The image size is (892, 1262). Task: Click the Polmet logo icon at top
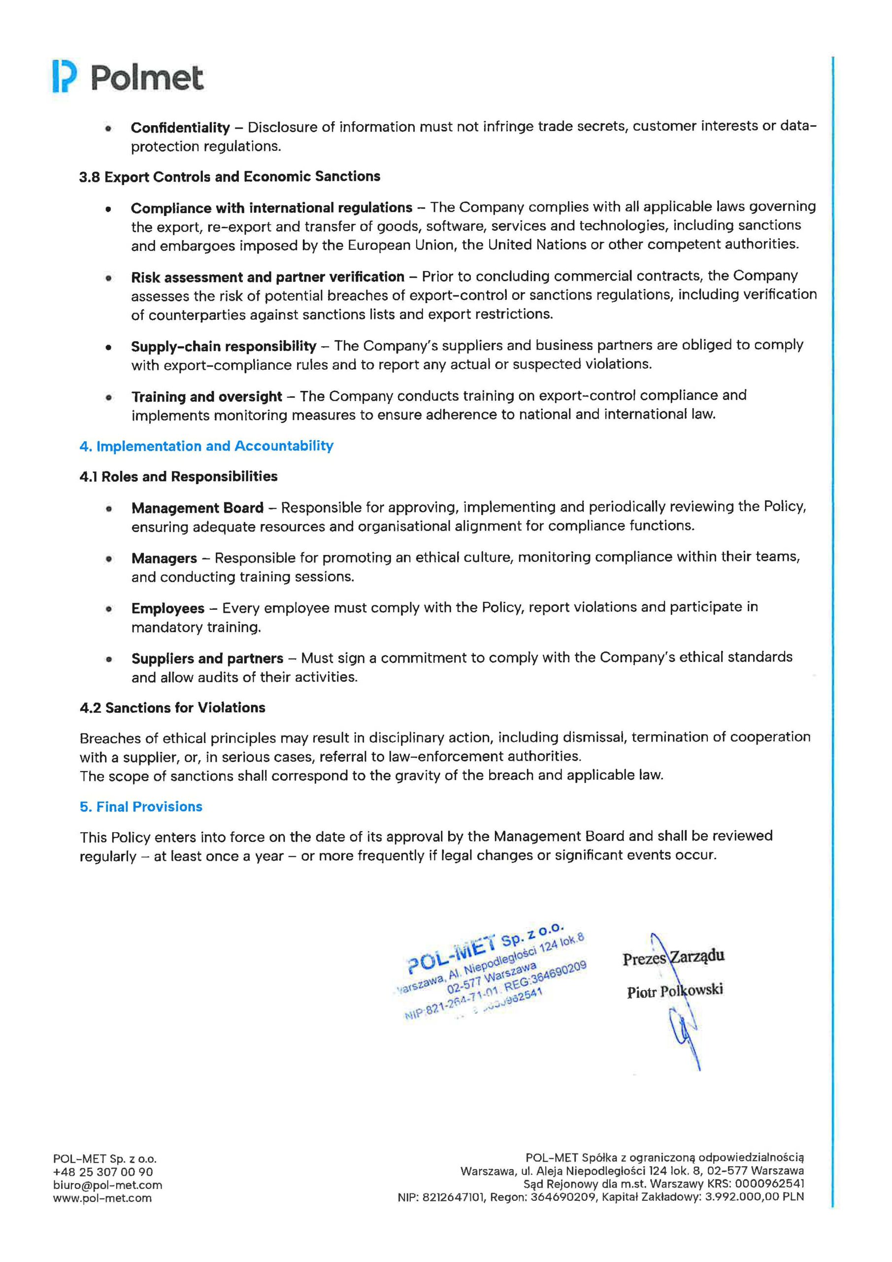(62, 77)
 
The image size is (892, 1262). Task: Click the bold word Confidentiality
(180, 128)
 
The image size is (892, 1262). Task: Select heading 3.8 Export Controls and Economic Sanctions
(230, 176)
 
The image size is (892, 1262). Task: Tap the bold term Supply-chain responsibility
(224, 346)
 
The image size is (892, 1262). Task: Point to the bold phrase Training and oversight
(206, 396)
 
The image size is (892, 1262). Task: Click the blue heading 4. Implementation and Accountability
(206, 446)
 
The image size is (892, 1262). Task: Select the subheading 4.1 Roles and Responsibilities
(178, 477)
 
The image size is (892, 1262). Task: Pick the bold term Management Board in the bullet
(197, 508)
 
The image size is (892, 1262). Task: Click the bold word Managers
(164, 559)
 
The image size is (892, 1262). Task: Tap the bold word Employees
(167, 608)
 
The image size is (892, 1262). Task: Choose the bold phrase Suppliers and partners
(207, 659)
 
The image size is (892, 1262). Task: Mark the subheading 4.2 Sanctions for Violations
(172, 708)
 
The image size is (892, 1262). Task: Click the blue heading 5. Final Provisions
(141, 807)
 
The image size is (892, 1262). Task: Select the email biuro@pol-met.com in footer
(108, 1186)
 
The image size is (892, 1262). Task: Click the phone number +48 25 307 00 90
(103, 1172)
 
